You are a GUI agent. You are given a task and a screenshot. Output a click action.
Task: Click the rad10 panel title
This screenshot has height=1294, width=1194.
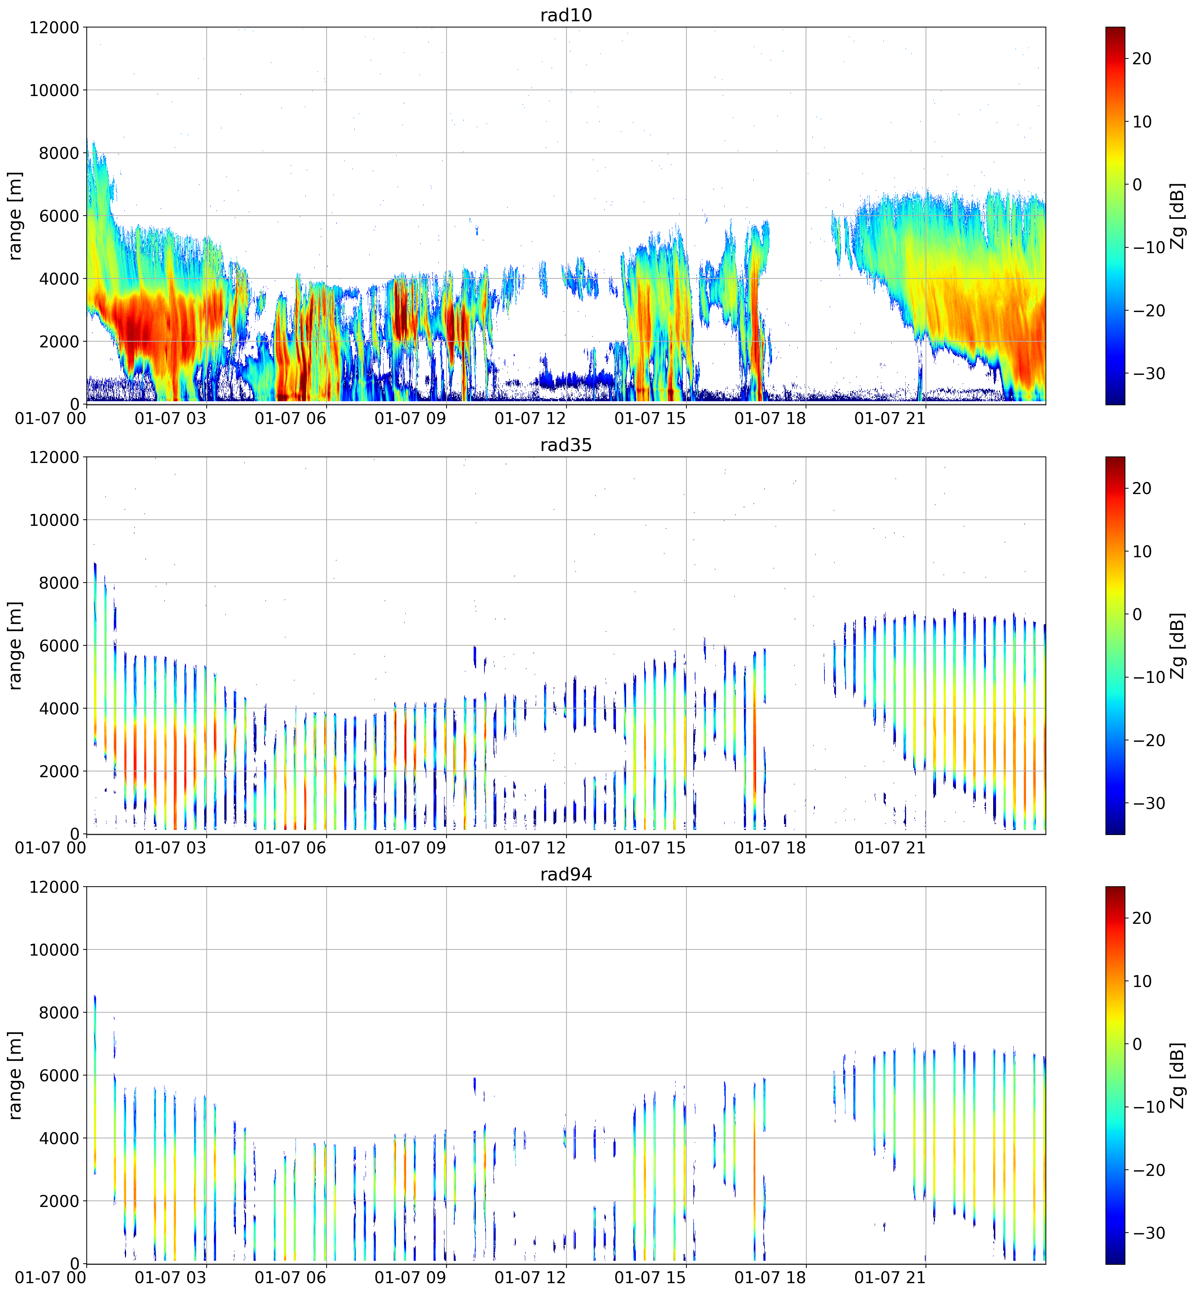tap(566, 15)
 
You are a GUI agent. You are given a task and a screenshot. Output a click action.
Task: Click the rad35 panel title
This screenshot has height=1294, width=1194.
tap(566, 445)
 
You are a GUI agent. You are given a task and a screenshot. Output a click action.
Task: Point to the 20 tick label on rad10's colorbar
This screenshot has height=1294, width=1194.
tap(1142, 59)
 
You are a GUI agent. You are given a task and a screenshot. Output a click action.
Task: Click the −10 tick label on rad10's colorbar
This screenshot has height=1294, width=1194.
tap(1147, 247)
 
